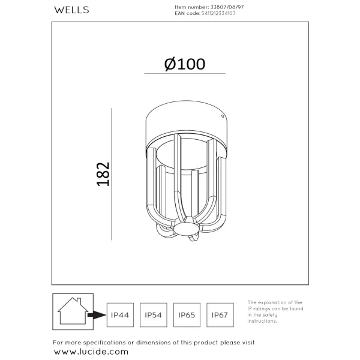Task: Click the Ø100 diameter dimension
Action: coord(184,64)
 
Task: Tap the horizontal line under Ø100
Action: coord(184,74)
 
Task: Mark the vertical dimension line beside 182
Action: coord(112,175)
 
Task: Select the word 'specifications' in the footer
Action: coord(111,343)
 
